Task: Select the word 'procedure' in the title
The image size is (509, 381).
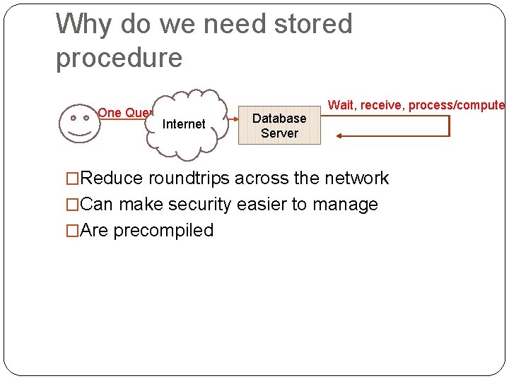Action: pos(119,58)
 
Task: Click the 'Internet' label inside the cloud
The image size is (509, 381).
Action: pos(184,124)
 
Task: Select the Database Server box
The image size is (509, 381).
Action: pos(279,125)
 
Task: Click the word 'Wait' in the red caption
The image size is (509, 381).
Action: pos(341,105)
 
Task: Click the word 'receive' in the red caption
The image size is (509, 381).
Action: pos(382,105)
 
